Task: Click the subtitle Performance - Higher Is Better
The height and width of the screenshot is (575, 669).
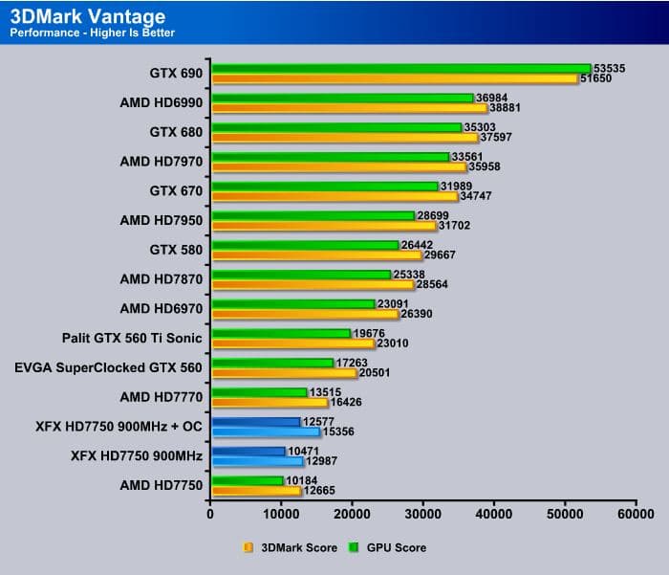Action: [x=92, y=33]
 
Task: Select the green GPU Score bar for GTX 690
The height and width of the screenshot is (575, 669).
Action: [x=400, y=68]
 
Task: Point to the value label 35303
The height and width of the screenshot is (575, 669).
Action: [x=508, y=126]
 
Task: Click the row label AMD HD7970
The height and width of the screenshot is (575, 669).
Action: [x=162, y=161]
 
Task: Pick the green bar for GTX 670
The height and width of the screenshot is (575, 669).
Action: [x=324, y=186]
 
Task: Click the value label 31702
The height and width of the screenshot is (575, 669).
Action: [x=457, y=226]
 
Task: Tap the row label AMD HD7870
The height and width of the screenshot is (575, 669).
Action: [x=162, y=278]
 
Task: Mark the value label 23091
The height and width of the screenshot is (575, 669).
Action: [x=392, y=303]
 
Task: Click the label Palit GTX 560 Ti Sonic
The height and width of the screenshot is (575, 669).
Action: [x=132, y=337]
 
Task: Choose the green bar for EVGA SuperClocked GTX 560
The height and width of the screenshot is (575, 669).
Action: [x=272, y=363]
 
